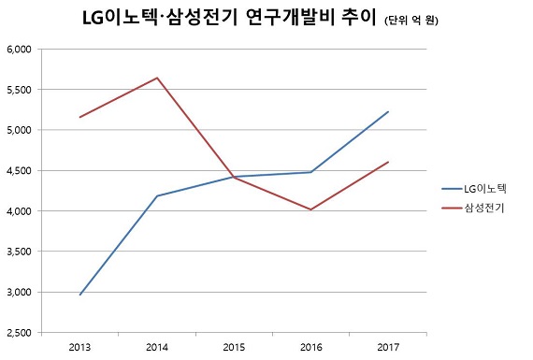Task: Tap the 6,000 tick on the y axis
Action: coord(19,49)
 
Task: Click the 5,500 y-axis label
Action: coord(19,90)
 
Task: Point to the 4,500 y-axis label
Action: coord(19,171)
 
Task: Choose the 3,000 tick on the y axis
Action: coord(19,292)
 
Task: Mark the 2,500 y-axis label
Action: coord(19,333)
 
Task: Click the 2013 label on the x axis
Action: coord(79,347)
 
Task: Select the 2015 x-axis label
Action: coord(234,347)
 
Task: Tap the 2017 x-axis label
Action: coord(387,347)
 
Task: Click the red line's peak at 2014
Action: coord(157,78)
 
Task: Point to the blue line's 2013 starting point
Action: coord(80,295)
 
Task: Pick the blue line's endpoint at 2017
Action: coord(388,112)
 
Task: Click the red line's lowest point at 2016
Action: coord(310,209)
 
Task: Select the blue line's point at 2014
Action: coord(157,196)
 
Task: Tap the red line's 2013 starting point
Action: coord(80,117)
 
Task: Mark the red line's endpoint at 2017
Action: coord(388,162)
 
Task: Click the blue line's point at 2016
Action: coord(310,172)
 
